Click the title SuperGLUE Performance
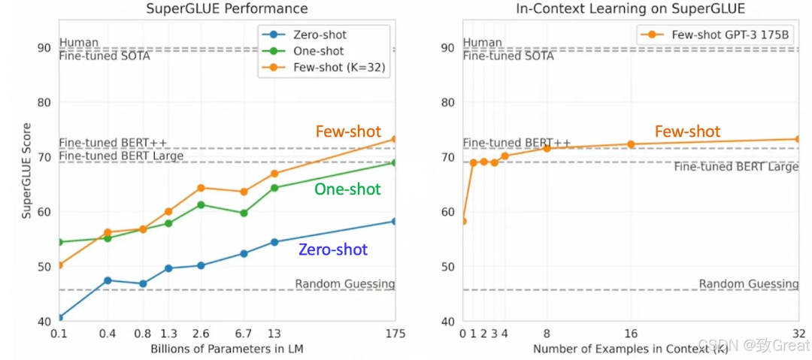click(x=226, y=9)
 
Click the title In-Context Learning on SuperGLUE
click(x=630, y=9)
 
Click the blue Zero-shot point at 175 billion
click(x=394, y=221)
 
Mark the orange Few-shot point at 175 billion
click(x=394, y=139)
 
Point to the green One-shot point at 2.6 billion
click(x=201, y=204)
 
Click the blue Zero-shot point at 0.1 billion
click(x=59, y=317)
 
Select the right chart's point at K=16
click(x=631, y=144)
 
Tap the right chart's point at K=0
click(x=463, y=221)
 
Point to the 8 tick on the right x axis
click(x=547, y=333)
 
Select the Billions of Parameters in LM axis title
click(x=226, y=349)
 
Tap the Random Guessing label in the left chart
click(x=344, y=283)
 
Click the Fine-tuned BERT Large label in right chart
click(x=735, y=167)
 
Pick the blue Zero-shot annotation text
click(x=333, y=249)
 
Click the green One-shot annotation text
click(x=347, y=189)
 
